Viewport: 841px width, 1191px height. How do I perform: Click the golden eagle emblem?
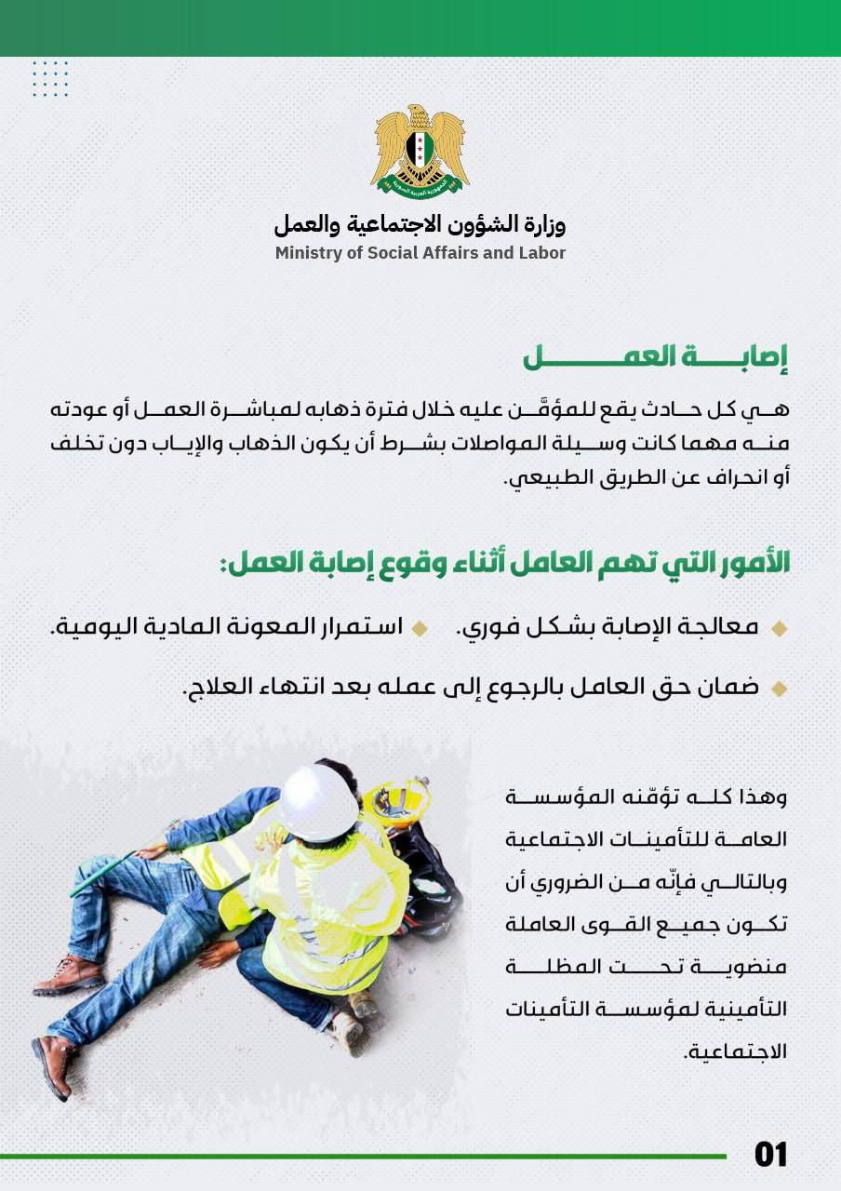420,149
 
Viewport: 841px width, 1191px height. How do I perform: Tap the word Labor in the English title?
542,253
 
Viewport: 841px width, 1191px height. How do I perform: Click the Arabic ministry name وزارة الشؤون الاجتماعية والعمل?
420,224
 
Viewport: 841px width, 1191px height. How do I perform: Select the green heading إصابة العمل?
655,358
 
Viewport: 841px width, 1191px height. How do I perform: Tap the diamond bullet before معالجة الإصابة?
779,629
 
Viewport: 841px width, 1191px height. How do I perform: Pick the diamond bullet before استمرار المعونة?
420,629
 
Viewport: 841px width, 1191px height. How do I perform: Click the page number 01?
770,1155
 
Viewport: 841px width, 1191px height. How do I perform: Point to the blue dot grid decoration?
50,79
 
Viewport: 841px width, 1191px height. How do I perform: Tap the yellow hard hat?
395,798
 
